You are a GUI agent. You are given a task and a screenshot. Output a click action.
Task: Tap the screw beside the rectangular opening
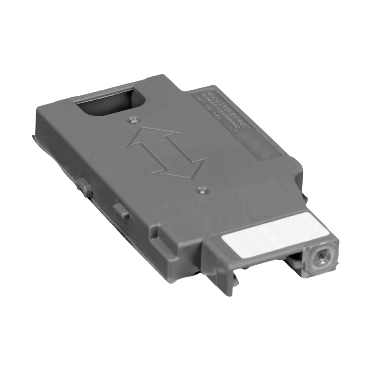(x=134, y=120)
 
